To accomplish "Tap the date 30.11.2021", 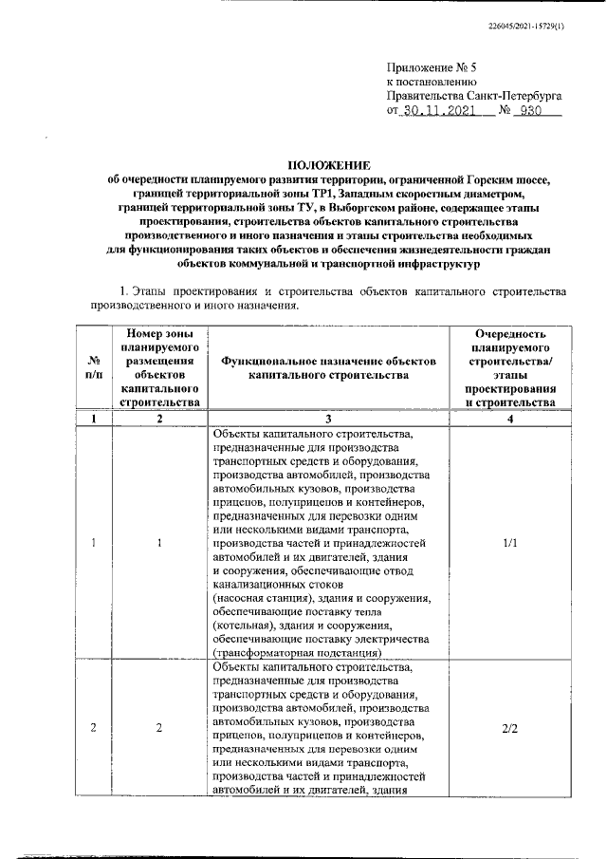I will [444, 110].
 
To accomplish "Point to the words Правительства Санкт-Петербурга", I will [474, 95].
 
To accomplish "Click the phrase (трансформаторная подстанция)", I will [296, 652].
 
